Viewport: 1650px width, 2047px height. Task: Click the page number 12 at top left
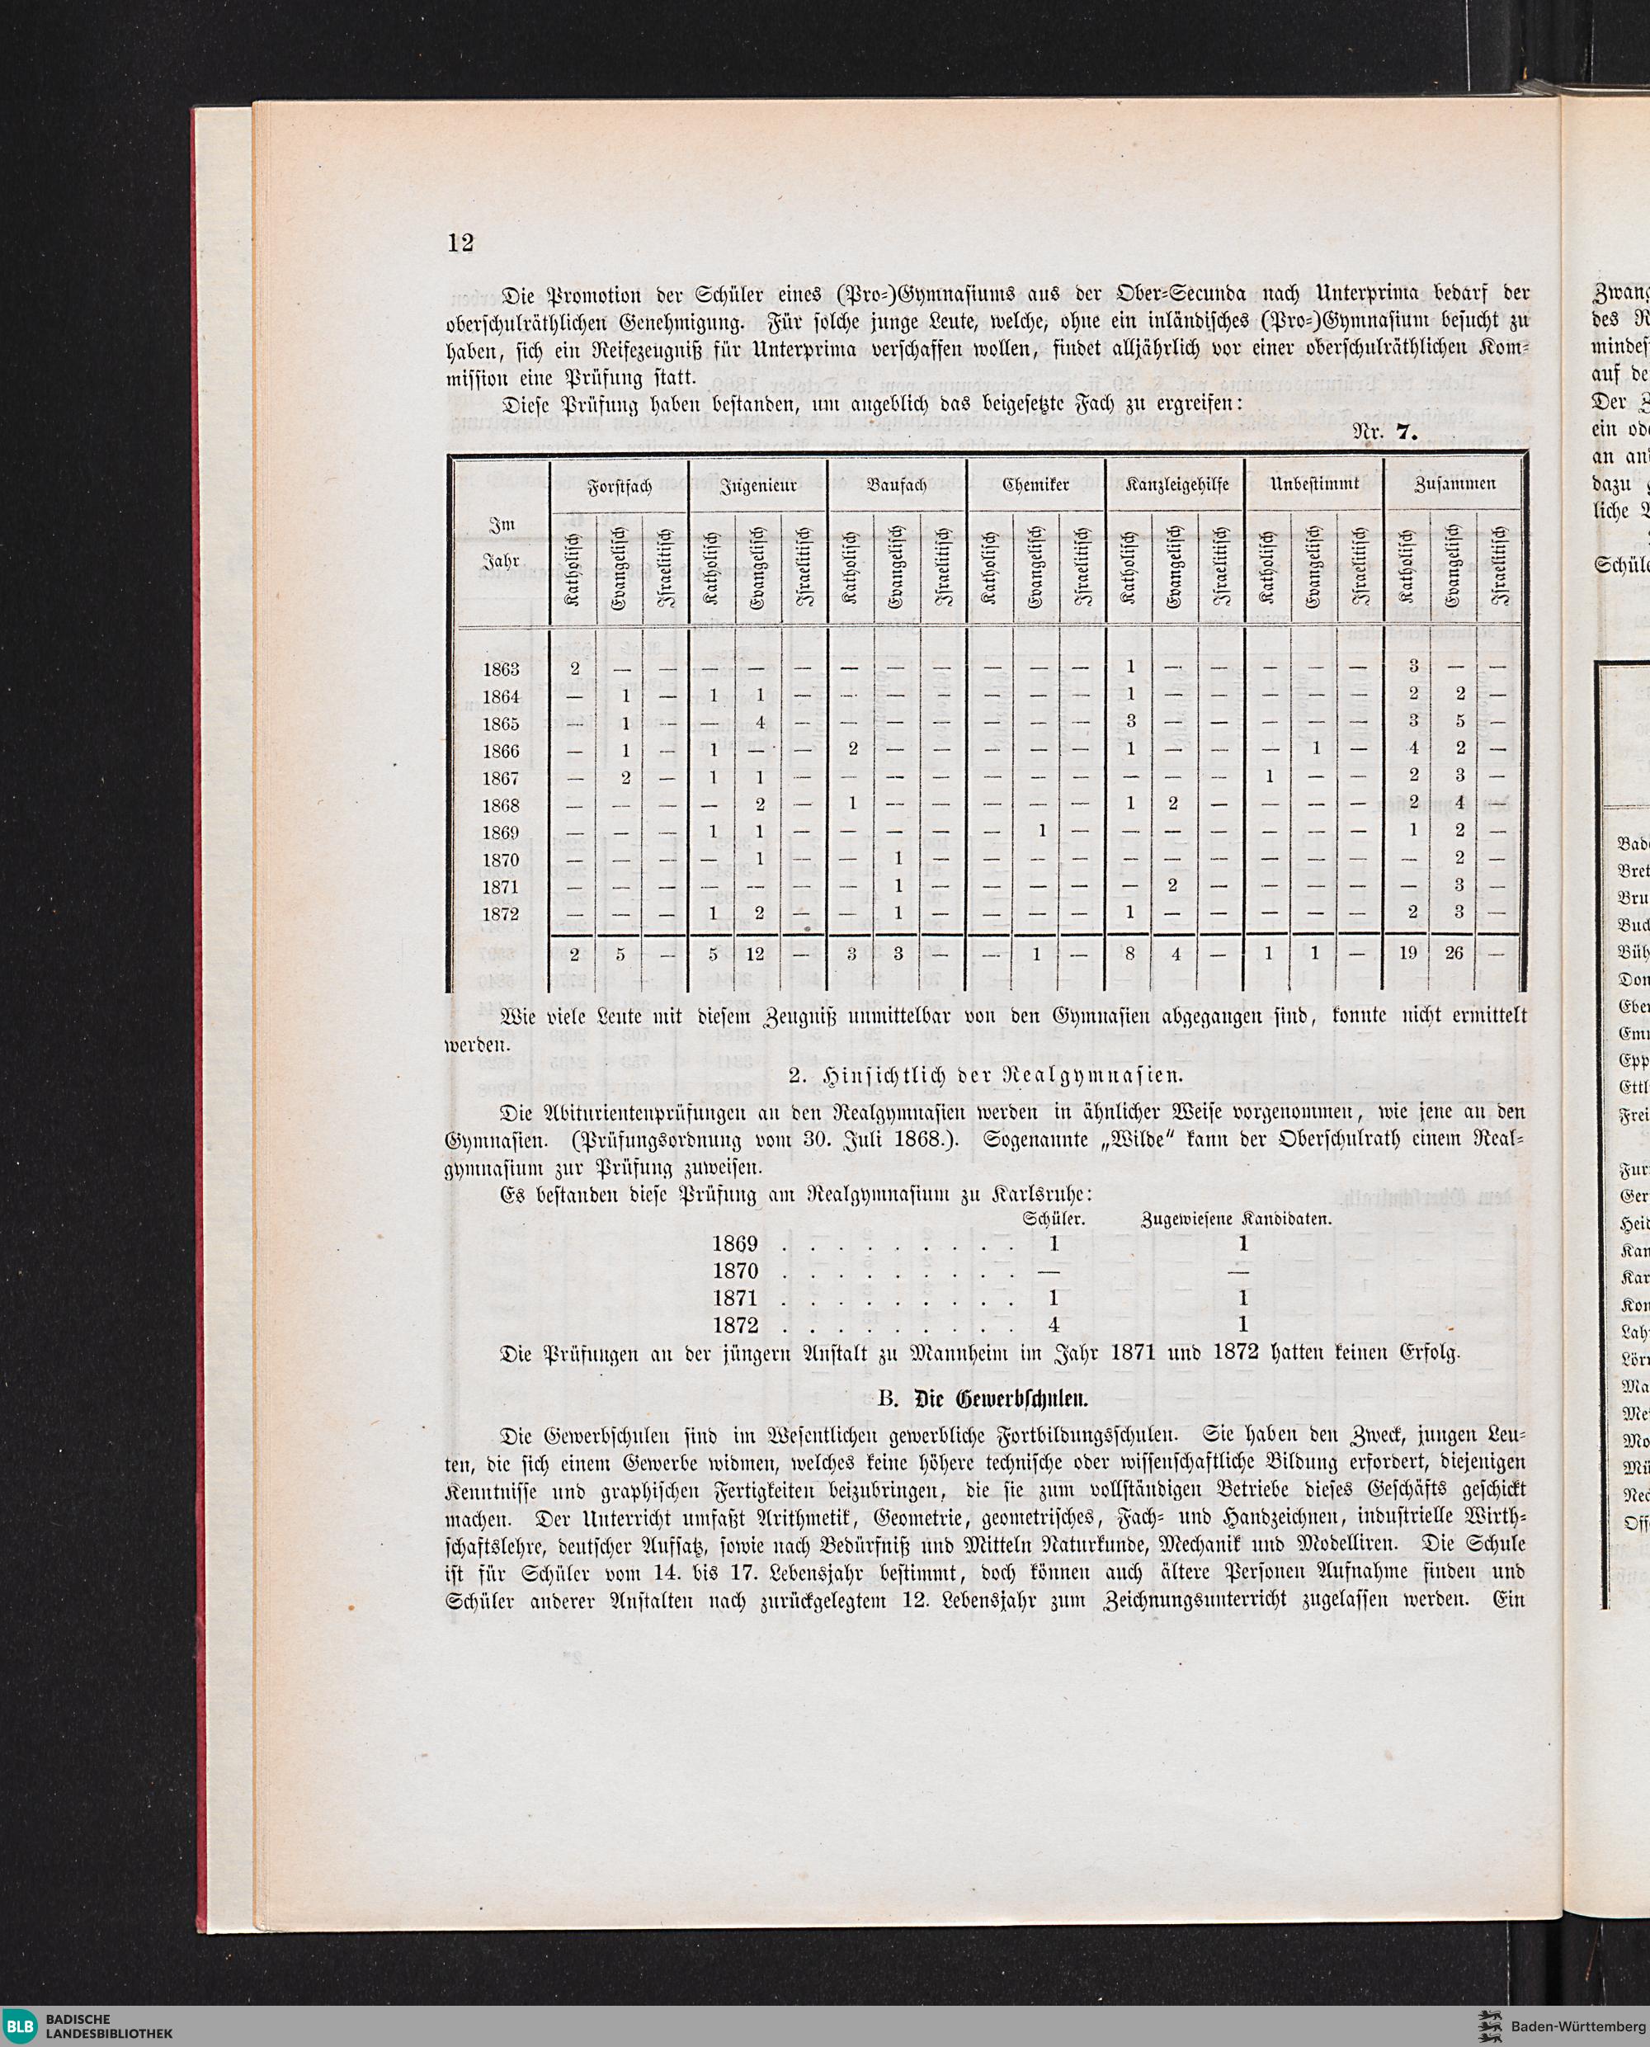tap(460, 243)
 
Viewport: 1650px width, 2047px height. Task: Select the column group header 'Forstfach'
tap(620, 484)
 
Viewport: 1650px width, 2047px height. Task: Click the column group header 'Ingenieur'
tap(758, 484)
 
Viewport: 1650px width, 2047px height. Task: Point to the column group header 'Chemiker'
tap(1036, 484)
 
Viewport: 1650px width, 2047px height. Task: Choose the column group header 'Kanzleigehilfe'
tap(1176, 484)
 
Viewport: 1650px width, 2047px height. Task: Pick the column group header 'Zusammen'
tap(1455, 483)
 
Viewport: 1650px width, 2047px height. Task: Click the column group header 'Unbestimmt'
tap(1315, 484)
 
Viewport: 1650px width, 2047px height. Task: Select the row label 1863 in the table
tap(501, 669)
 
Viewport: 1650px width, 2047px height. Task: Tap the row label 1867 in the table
tap(501, 778)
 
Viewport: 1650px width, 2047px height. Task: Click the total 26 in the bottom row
tap(1454, 953)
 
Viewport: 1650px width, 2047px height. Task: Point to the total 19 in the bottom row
tap(1407, 953)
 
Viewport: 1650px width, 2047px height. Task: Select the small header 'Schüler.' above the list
tap(1055, 1219)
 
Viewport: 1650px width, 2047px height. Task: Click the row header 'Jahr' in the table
tap(501, 563)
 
